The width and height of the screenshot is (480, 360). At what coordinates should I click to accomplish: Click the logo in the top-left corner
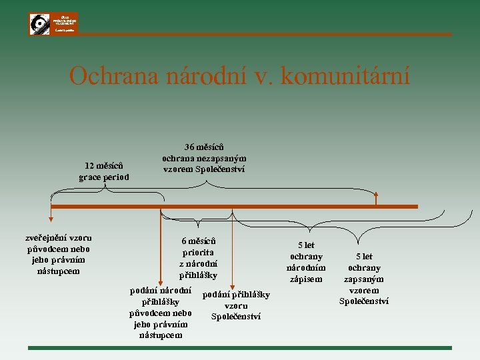(53, 23)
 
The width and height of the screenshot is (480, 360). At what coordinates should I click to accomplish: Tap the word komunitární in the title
(345, 76)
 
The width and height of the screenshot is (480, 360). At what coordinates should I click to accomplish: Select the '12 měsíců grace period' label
(104, 171)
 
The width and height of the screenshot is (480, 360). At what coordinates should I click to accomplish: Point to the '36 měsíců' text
(204, 147)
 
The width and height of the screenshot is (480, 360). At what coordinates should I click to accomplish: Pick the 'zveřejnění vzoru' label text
(59, 238)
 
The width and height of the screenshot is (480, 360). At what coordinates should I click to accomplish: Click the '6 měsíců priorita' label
(198, 247)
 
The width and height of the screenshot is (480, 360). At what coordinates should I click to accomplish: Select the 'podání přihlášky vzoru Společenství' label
(236, 305)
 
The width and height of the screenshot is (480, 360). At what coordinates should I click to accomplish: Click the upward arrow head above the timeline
(377, 195)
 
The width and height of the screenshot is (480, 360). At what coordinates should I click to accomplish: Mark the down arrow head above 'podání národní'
(159, 284)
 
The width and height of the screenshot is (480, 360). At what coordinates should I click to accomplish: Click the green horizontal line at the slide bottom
(240, 347)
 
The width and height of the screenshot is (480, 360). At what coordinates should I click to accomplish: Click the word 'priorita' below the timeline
(198, 252)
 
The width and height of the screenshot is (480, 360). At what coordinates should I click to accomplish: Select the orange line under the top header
(267, 35)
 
